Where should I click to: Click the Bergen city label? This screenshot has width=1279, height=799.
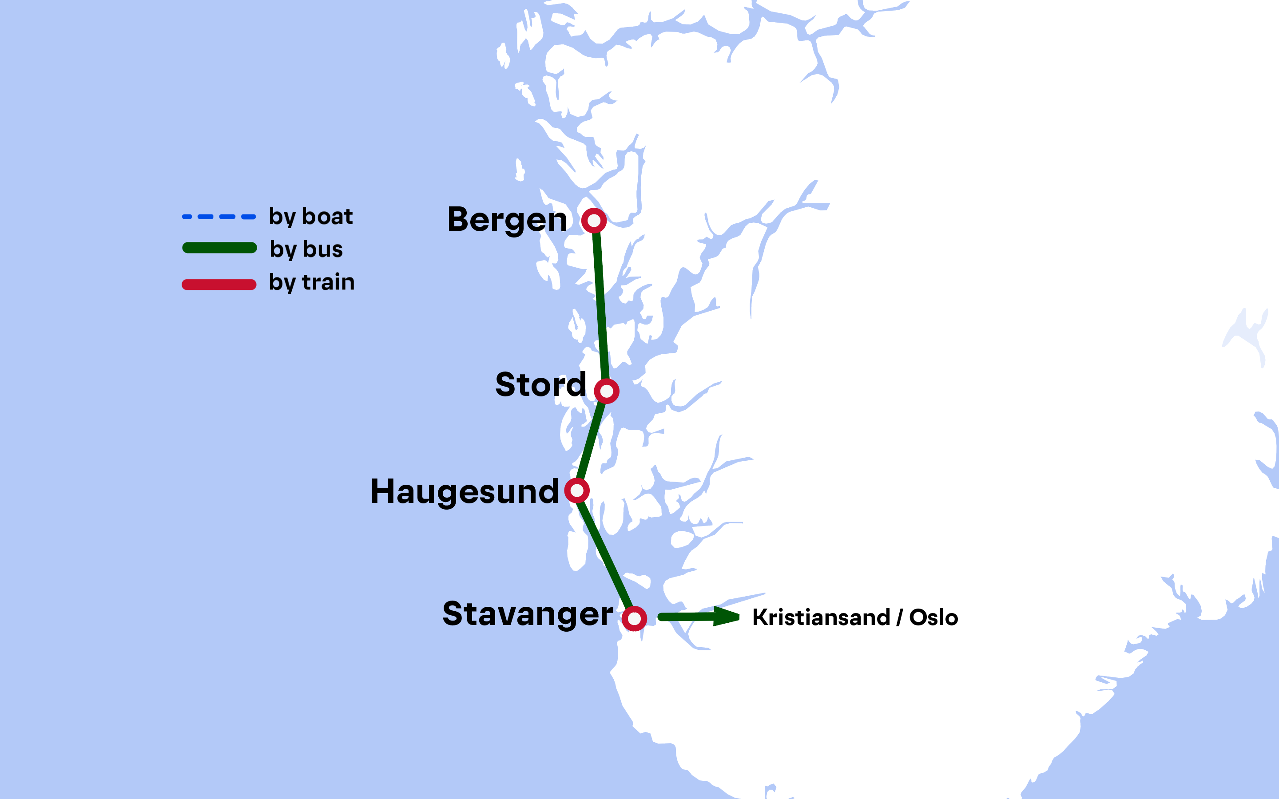pos(507,220)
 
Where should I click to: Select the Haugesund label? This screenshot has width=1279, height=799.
pos(464,491)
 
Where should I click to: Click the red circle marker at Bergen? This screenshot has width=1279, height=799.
pos(594,220)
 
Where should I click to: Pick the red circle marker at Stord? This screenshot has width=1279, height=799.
pos(606,391)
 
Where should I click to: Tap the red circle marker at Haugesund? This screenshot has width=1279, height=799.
pos(576,490)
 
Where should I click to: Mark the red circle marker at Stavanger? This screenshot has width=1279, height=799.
pos(634,618)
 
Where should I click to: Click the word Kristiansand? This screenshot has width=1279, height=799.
pos(821,617)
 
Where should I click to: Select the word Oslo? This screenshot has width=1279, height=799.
pos(933,617)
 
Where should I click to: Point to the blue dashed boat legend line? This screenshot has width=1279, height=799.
pos(219,217)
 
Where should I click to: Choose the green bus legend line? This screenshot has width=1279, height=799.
pos(219,248)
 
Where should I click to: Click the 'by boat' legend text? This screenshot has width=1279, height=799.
pos(310,217)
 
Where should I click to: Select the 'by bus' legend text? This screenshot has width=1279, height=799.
pos(306,249)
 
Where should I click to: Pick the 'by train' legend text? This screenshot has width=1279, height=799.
pos(311,282)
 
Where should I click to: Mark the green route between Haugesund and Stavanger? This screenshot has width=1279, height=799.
pos(606,555)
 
